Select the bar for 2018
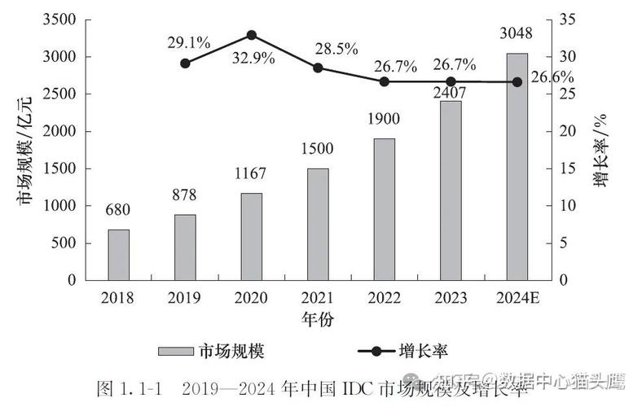click(119, 254)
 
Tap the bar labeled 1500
click(319, 224)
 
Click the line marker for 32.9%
click(252, 35)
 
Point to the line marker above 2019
click(185, 63)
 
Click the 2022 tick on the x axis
click(385, 297)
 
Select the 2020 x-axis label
click(251, 297)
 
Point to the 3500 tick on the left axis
click(64, 20)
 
